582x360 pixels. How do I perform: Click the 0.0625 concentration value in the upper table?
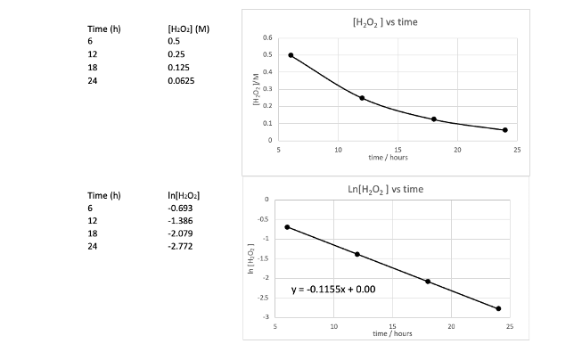181,80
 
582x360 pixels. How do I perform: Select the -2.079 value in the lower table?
180,233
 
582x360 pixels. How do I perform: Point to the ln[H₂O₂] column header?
183,195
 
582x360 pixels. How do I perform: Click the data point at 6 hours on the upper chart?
291,55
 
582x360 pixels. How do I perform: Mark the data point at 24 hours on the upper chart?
505,130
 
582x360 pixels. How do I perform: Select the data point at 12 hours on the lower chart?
357,254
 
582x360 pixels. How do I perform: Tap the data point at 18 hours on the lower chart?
428,282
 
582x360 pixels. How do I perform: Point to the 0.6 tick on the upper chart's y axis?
266,38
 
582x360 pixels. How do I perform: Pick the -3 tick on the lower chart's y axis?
265,316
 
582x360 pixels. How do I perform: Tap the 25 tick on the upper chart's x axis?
517,150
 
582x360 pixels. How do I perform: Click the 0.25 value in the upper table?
176,54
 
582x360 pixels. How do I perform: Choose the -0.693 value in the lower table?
180,208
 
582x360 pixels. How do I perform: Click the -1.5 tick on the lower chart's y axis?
263,258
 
